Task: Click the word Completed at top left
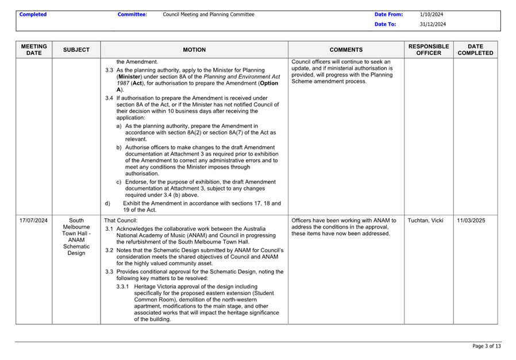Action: (33, 14)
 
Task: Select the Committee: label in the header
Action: (132, 14)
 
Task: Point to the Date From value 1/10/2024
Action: (432, 14)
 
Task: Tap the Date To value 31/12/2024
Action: (433, 24)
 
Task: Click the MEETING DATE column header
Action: (34, 49)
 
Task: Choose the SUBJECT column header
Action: (76, 50)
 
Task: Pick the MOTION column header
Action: (194, 50)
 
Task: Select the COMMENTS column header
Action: (346, 50)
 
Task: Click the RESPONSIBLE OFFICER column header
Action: (429, 49)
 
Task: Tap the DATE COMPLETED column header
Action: (475, 49)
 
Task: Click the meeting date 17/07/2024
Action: (34, 220)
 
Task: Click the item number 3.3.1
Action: (123, 286)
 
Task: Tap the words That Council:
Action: (121, 220)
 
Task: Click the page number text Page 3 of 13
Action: (486, 346)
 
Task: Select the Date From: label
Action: (388, 14)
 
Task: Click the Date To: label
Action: (385, 24)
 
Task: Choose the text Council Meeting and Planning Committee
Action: (209, 14)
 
